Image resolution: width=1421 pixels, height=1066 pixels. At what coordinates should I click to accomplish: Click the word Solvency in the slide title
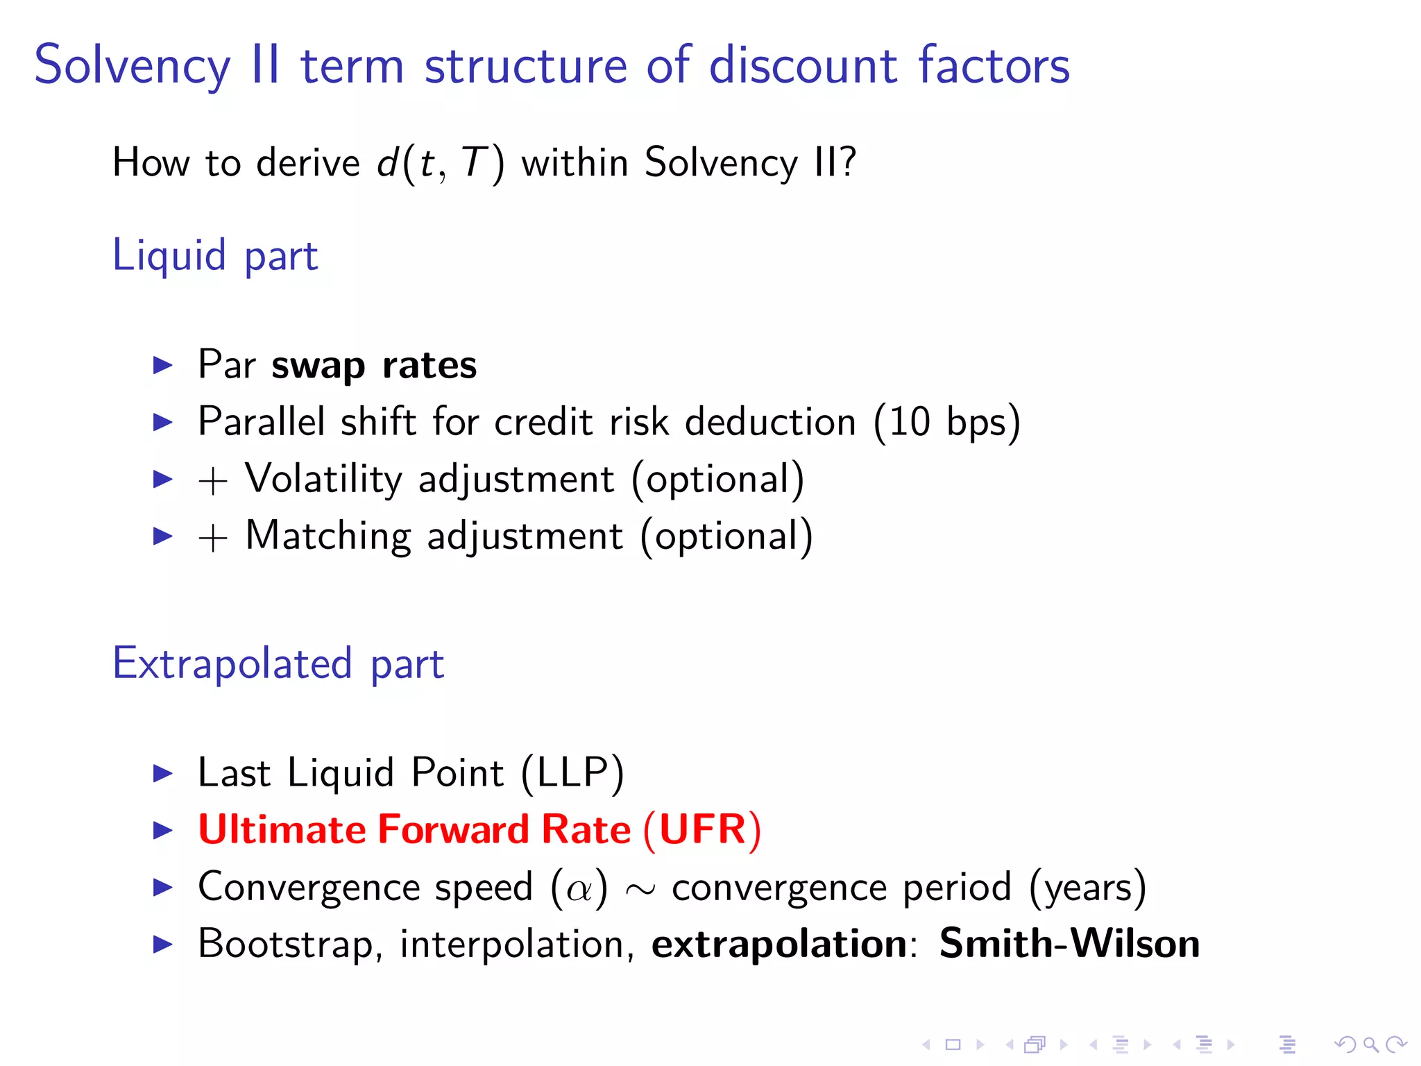pyautogui.click(x=132, y=66)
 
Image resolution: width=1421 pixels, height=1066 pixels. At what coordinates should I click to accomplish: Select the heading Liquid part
pyautogui.click(x=215, y=255)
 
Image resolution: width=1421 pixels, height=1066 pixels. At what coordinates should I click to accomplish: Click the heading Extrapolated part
pyautogui.click(x=278, y=663)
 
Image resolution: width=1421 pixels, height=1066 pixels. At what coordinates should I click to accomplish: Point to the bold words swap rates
pyautogui.click(x=374, y=365)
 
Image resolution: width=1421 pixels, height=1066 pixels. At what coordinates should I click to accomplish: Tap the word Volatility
pyautogui.click(x=323, y=479)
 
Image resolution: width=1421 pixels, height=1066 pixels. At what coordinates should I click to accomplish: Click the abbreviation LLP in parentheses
pyautogui.click(x=572, y=772)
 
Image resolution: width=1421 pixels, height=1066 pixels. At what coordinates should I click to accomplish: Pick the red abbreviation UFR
pyautogui.click(x=701, y=829)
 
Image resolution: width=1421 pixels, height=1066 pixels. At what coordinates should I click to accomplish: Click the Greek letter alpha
pyautogui.click(x=579, y=888)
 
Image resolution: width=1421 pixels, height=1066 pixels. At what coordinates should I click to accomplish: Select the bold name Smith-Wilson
pyautogui.click(x=1069, y=944)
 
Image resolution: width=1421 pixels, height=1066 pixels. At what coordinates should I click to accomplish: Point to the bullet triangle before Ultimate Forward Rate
pyautogui.click(x=162, y=830)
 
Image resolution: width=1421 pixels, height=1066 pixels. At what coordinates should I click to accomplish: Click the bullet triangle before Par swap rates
pyautogui.click(x=162, y=365)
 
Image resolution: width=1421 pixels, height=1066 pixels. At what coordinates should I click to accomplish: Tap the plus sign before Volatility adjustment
pyautogui.click(x=213, y=481)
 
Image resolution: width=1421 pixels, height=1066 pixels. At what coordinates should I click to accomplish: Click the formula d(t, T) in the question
pyautogui.click(x=441, y=164)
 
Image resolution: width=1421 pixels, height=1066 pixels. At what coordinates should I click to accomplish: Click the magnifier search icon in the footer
pyautogui.click(x=1370, y=1044)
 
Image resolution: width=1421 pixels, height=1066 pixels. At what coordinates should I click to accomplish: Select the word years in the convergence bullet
pyautogui.click(x=1088, y=888)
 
